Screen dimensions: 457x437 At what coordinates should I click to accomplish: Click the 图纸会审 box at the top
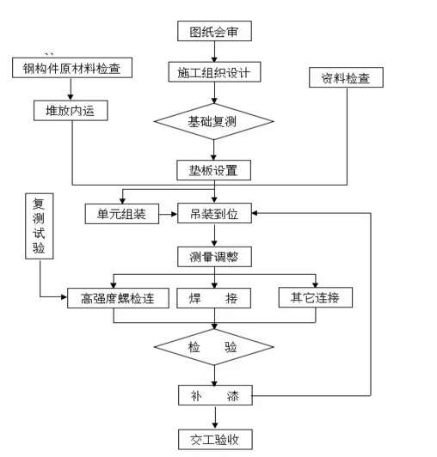coord(214,33)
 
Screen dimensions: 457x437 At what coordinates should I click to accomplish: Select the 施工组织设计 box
coord(214,72)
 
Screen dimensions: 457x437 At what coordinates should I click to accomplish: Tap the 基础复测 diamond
coord(213,121)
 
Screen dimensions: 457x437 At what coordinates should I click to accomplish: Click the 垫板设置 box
coord(214,169)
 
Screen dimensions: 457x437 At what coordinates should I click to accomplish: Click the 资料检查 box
coord(345,78)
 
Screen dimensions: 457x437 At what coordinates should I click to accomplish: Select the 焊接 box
coord(214,299)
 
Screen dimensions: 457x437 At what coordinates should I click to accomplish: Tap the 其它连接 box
coord(315,298)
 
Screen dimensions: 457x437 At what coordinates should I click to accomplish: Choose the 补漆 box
coord(214,396)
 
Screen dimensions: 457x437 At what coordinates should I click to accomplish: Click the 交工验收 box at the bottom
coord(214,439)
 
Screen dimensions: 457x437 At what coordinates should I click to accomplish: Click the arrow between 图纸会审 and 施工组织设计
coord(214,52)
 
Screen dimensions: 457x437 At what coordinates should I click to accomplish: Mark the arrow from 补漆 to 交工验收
coord(214,417)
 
